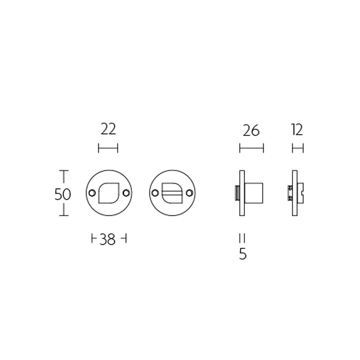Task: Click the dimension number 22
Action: coord(108,130)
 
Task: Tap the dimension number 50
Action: coord(63,194)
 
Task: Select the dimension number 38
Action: coord(108,240)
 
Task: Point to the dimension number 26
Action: coord(251,130)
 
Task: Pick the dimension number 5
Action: coord(243,254)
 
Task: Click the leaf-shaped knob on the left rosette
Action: coord(108,193)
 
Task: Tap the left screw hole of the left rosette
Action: coord(92,193)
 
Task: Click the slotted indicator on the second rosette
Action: coord(171,193)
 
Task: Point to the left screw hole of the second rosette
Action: coord(155,193)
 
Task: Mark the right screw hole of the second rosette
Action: coord(189,193)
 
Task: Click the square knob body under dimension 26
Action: coord(254,193)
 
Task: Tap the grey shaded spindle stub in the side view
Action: coord(237,193)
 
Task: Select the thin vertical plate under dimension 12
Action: coord(295,193)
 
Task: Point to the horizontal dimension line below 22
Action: coord(108,148)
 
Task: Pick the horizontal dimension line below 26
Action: coord(251,148)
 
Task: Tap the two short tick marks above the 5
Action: coord(243,238)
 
